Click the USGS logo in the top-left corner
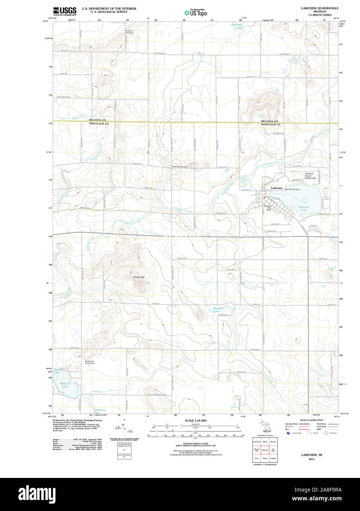(x=65, y=11)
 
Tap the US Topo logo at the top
(x=195, y=12)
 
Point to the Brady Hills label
(x=139, y=277)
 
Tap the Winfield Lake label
(x=65, y=385)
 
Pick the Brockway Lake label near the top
(x=237, y=26)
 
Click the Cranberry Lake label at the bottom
(x=99, y=411)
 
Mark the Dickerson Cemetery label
(x=180, y=167)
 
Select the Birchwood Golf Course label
(x=90, y=362)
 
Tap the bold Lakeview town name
(x=277, y=188)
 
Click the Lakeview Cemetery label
(x=292, y=189)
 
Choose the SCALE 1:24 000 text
(x=195, y=421)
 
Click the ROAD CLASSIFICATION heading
(x=312, y=420)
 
